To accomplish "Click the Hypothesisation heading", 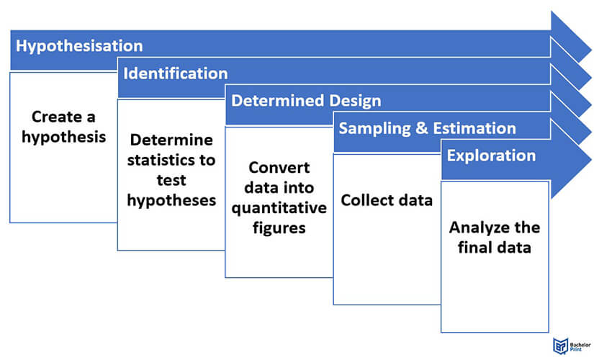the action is tap(79, 46).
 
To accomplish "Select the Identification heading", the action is tap(176, 73).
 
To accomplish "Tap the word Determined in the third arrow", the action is tap(278, 101).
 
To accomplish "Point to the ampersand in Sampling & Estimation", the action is tap(422, 128).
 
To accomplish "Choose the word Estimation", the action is tap(474, 128).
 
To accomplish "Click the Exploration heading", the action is tap(491, 156).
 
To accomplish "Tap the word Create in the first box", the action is tap(52, 117).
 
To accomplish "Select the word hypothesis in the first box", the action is tap(63, 138).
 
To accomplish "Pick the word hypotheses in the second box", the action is tap(171, 200).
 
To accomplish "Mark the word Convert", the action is tap(279, 168).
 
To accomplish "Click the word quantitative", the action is tap(279, 208).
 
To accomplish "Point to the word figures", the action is tap(279, 228).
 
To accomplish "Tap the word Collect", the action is tap(364, 200).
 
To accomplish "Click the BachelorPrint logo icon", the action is tap(560, 346).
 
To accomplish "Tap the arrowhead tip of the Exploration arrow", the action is tap(591, 160).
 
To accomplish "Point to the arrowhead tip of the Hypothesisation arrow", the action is tap(591, 50).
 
